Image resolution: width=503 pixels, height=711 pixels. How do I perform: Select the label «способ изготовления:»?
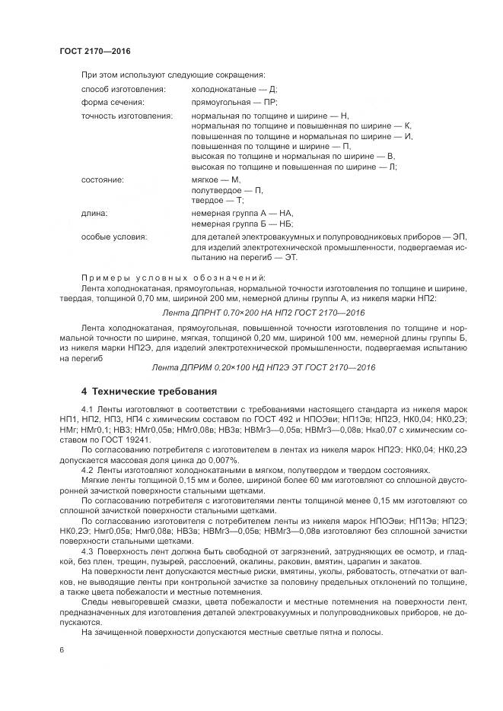117,89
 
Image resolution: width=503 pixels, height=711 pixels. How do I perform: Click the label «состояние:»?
102,179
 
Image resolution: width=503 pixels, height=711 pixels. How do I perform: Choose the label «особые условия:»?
114,238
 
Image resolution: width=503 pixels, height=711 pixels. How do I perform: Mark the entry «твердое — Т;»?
216,198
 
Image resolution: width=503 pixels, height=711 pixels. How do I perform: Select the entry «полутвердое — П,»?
227,189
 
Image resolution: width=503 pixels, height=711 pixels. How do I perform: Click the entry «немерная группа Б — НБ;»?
242,224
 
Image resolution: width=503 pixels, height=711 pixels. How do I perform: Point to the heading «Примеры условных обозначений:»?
173,277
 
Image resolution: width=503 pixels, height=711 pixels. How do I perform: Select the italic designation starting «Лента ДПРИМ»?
264,368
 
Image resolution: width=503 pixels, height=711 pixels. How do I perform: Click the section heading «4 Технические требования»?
149,392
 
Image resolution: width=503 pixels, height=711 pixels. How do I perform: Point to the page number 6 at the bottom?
62,650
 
